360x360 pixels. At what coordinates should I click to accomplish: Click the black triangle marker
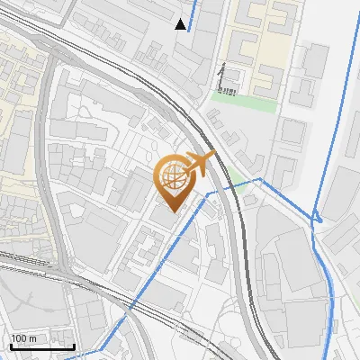(181, 24)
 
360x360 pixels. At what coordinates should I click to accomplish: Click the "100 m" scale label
(24, 338)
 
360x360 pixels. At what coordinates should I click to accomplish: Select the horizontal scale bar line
(42, 346)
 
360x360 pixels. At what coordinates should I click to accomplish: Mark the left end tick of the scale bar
(11, 345)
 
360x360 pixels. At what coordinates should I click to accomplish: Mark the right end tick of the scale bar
(74, 345)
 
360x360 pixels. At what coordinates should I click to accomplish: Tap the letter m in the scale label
(33, 338)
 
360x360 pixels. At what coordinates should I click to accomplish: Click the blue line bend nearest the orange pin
(209, 193)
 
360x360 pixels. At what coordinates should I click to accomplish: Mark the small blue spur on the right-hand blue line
(317, 216)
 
